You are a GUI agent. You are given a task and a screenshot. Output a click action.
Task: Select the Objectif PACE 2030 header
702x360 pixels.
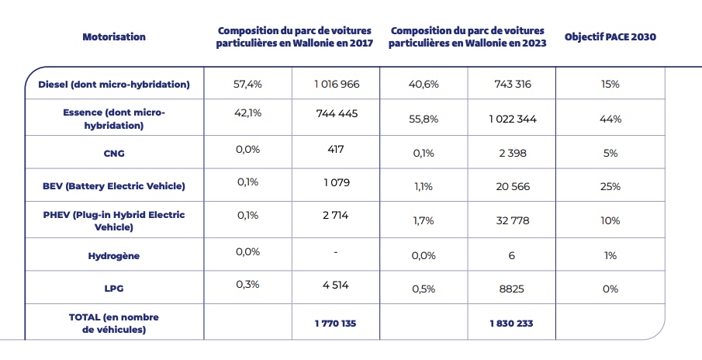(x=610, y=36)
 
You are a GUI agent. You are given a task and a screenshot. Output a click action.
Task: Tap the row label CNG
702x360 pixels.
(x=114, y=153)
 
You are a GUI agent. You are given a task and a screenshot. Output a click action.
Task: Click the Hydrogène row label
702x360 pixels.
(x=114, y=254)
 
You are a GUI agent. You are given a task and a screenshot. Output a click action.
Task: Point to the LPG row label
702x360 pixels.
(x=114, y=289)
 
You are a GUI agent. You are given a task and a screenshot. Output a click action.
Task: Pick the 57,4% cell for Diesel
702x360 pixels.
(x=247, y=82)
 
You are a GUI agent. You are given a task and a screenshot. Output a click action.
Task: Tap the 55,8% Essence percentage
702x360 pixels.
(x=424, y=119)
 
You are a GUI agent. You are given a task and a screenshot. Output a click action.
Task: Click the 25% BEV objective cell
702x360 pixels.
(x=610, y=187)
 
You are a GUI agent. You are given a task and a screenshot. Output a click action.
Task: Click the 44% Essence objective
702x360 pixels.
(x=610, y=119)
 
